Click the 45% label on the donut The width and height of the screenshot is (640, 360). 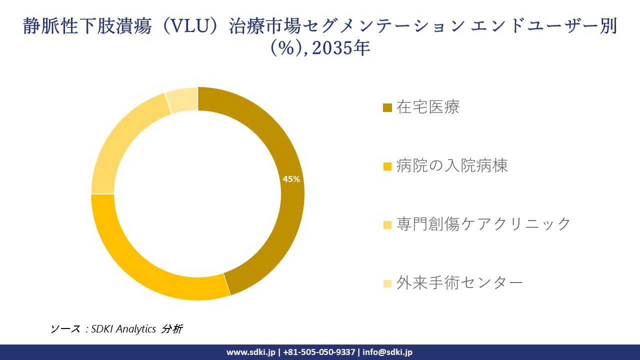(x=291, y=179)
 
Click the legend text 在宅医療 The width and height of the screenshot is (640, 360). (x=428, y=107)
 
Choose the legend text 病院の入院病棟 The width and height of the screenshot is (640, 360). (x=452, y=166)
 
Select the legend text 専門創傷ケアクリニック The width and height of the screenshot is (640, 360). (x=483, y=224)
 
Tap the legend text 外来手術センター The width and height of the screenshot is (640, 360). (x=459, y=283)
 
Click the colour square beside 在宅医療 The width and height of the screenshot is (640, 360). (x=387, y=108)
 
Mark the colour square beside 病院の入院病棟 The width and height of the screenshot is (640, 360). (x=387, y=166)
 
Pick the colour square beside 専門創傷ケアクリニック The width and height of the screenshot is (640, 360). (x=387, y=225)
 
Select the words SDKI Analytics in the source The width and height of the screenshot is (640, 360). (x=124, y=329)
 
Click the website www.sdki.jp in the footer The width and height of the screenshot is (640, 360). (x=251, y=352)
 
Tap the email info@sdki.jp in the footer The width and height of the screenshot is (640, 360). (x=388, y=352)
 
